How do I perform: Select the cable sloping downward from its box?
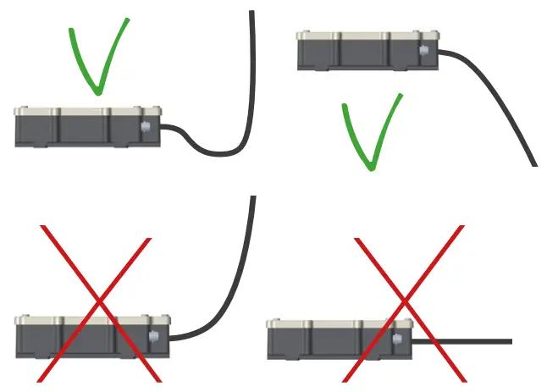pyautogui.click(x=500, y=102)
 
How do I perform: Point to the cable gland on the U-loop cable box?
pyautogui.click(x=147, y=128)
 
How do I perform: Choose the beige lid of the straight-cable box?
pyautogui.click(x=339, y=323)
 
